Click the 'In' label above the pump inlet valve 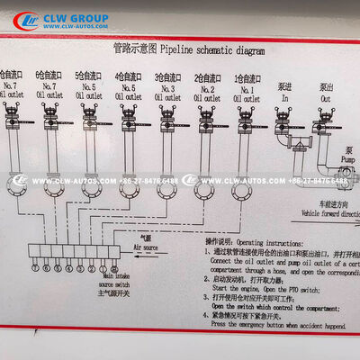(x=284, y=95)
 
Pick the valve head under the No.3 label (x=166, y=114)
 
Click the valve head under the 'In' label (x=285, y=114)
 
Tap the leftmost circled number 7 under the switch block (x=35, y=269)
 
